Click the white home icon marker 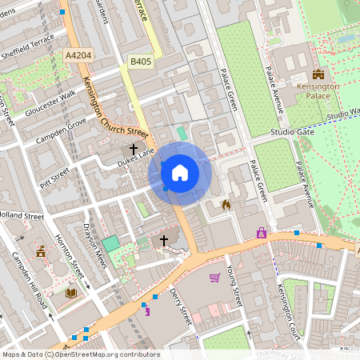(x=180, y=172)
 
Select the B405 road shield (x=141, y=60)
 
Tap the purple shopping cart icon (x=214, y=278)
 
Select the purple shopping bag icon (x=261, y=233)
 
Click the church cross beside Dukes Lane (x=134, y=149)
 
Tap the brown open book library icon (x=70, y=293)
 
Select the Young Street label (x=234, y=284)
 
